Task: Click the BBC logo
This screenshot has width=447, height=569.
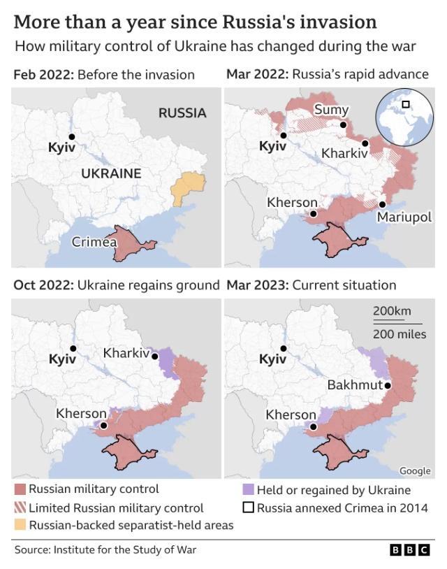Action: tap(409, 550)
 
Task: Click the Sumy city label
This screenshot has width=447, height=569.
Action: tap(331, 110)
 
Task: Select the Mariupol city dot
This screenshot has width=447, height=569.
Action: tap(382, 204)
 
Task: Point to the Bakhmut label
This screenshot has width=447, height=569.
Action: tap(354, 385)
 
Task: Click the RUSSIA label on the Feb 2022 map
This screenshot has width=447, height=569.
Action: tap(182, 113)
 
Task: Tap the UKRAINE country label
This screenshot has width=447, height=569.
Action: tap(111, 173)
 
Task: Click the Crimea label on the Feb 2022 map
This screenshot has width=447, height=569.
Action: tap(94, 242)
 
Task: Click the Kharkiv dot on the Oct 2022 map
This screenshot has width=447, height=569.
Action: tap(154, 354)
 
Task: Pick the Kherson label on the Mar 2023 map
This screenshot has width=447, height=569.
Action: tap(291, 415)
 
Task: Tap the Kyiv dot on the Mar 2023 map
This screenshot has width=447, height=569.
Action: tap(283, 348)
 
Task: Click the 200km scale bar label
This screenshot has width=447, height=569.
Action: tap(392, 311)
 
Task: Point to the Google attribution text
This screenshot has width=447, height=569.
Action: tap(415, 471)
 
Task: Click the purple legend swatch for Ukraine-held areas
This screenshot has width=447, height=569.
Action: tap(248, 490)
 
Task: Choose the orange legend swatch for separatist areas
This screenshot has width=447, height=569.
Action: tap(20, 524)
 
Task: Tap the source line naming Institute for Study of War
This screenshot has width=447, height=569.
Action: tap(105, 550)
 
